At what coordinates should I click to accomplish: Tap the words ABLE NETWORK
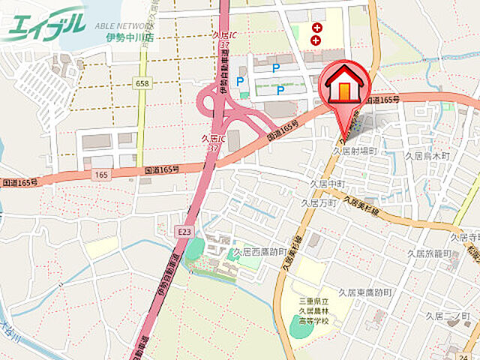coord(124,24)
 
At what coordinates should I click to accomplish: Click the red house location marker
coord(345,86)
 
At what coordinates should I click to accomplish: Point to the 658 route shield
coord(142,84)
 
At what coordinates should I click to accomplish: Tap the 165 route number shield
coord(102,174)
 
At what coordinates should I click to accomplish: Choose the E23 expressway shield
coord(184,232)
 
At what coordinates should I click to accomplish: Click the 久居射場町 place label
coord(355,151)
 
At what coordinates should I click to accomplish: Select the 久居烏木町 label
coord(427,156)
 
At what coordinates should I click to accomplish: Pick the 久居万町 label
coord(318,202)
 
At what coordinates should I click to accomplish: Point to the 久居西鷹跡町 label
coord(260,252)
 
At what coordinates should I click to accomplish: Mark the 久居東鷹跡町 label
coord(365,292)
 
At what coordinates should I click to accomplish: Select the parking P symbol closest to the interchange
coord(241,81)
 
